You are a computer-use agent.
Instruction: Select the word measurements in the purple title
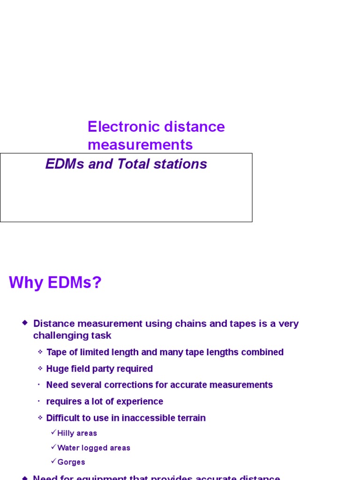pos(140,145)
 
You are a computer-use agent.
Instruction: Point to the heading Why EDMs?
pos(55,283)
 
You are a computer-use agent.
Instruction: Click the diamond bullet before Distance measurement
pos(25,322)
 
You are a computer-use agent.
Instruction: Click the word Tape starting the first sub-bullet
pos(57,352)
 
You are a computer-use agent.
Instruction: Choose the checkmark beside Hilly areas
pos(53,432)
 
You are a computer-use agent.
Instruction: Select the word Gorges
pos(71,462)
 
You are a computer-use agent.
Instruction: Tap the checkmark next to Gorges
pos(53,461)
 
